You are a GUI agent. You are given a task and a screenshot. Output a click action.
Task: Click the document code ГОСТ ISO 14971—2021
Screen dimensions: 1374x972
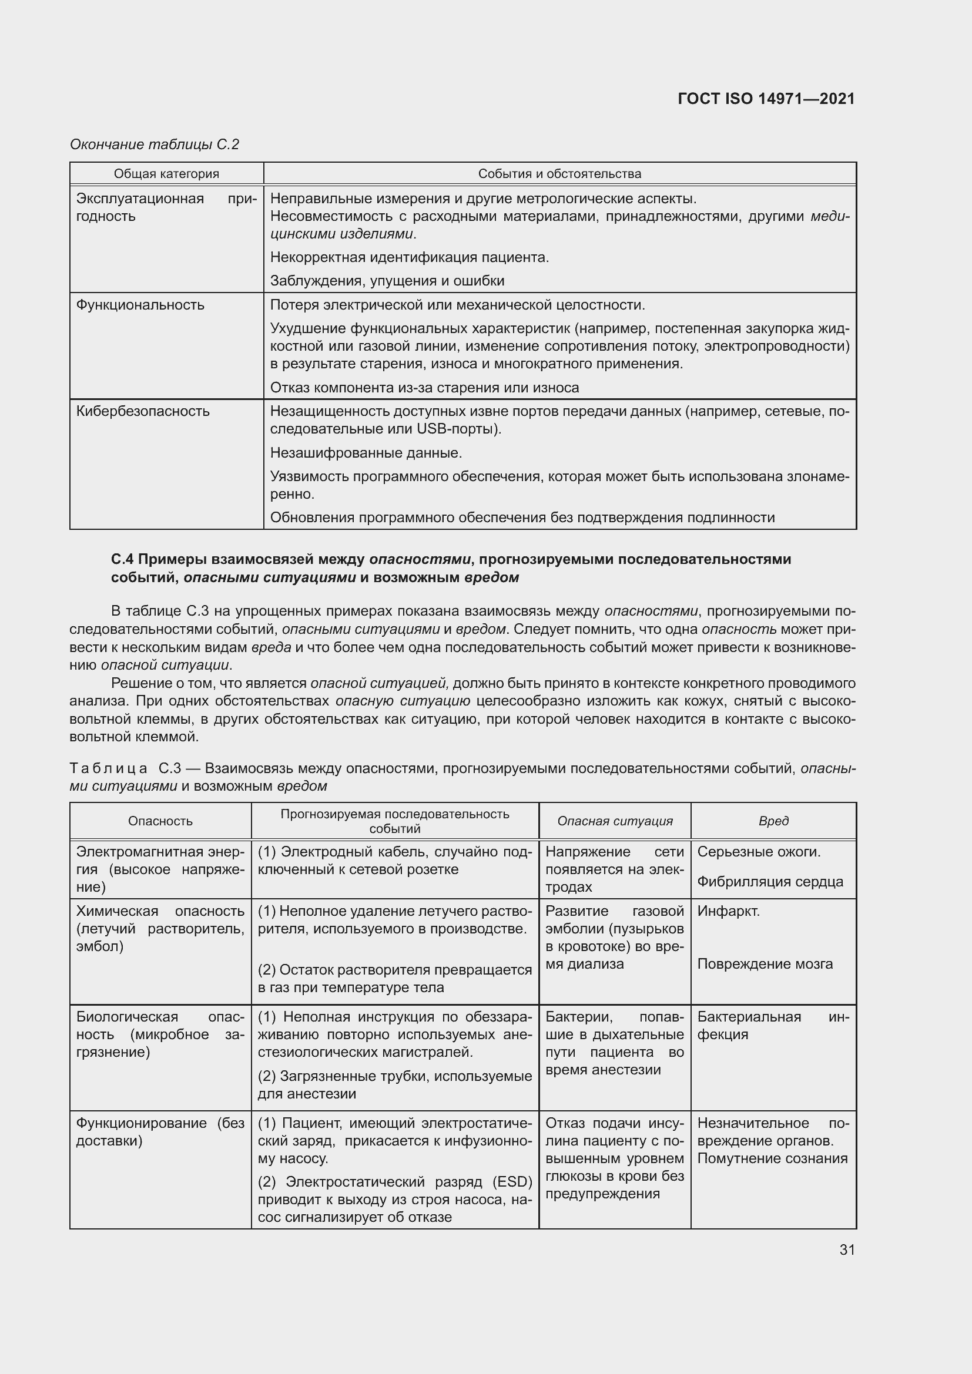coord(766,99)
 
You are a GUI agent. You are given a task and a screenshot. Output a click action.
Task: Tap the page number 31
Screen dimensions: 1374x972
coord(846,1250)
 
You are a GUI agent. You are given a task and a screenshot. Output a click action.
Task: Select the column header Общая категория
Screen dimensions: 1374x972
coord(166,174)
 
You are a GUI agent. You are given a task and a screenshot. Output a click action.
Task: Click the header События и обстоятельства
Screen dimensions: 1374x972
coord(559,174)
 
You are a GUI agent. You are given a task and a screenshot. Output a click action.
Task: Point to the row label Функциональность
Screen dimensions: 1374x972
coord(140,305)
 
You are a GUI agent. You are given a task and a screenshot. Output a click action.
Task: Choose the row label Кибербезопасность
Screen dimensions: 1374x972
coord(142,411)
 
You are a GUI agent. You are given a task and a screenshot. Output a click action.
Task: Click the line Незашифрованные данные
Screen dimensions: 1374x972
coord(366,453)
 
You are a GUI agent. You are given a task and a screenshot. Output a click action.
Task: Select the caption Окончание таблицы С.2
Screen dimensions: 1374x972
coord(155,145)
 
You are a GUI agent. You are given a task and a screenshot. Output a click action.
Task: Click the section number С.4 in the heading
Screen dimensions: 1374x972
coord(122,559)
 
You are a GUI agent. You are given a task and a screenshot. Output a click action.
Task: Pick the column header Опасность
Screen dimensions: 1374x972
coord(160,821)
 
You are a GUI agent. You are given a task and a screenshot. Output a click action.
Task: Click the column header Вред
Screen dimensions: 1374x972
coord(773,821)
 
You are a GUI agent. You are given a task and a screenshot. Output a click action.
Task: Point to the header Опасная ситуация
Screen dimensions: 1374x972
coord(615,821)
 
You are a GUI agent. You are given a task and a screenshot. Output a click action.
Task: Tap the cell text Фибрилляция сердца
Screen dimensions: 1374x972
coord(770,882)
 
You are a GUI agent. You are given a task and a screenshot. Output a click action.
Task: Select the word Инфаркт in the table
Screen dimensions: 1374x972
coord(728,912)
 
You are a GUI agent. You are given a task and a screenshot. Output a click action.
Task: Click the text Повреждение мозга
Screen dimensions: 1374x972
coord(765,964)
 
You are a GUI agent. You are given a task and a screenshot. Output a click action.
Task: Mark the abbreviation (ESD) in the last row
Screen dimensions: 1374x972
coord(512,1182)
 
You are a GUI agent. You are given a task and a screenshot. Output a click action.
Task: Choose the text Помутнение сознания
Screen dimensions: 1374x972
coord(772,1158)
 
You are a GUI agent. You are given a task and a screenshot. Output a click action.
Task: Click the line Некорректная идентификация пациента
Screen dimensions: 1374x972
coord(410,257)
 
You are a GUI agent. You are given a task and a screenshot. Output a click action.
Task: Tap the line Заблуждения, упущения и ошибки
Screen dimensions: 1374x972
coord(387,281)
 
